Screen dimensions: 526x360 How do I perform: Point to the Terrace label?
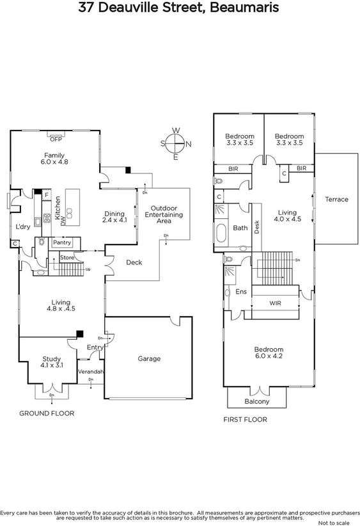[x=336, y=199]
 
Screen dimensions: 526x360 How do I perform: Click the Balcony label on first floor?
[x=257, y=402]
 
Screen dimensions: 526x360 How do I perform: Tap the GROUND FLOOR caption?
[x=46, y=413]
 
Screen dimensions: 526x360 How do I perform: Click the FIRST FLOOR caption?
[x=245, y=420]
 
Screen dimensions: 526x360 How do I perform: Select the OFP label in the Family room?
[x=56, y=138]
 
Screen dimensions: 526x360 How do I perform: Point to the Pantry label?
[x=62, y=243]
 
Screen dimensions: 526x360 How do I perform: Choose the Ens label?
[x=241, y=291]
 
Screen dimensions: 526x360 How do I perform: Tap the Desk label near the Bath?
[x=256, y=227]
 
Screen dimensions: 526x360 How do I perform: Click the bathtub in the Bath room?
[x=222, y=234]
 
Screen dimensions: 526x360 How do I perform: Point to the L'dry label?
[x=24, y=227]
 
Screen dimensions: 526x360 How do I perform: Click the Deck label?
[x=134, y=262]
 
